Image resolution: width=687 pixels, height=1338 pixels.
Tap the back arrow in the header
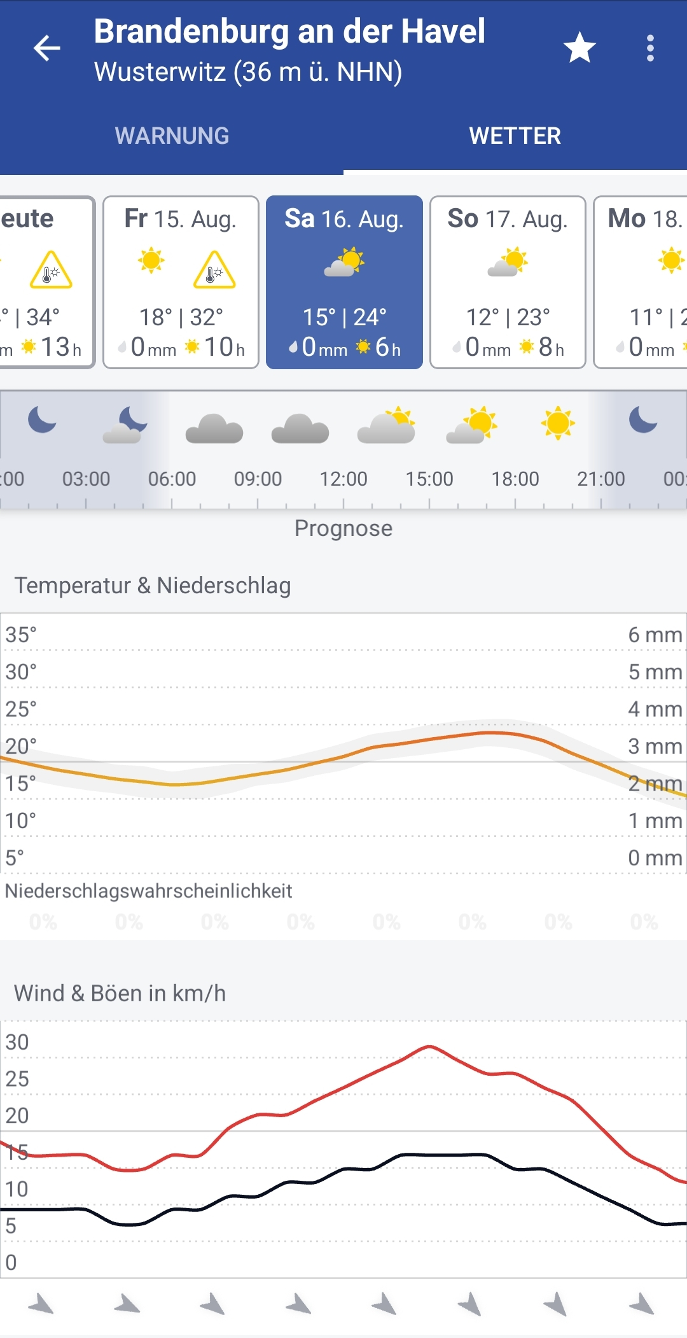(47, 48)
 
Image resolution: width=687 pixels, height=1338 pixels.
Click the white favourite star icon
(579, 48)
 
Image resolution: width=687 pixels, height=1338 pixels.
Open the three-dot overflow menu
(649, 48)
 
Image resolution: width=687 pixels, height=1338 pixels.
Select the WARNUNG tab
(172, 136)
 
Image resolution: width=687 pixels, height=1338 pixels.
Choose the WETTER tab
(515, 136)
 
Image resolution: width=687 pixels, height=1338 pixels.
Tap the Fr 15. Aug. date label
(181, 219)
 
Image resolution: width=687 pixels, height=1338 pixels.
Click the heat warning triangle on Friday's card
(214, 270)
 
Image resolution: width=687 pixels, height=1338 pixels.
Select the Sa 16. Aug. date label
(344, 219)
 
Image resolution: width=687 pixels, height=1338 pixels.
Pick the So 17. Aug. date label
(508, 219)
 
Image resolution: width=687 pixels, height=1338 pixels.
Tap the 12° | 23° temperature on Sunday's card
(508, 317)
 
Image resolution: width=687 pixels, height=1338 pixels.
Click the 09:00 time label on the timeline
(258, 479)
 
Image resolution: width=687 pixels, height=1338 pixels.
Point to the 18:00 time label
(515, 479)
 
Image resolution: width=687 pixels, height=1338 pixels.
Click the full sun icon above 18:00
(558, 423)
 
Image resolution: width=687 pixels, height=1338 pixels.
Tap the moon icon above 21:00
(642, 420)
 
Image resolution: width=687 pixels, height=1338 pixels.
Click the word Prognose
(343, 528)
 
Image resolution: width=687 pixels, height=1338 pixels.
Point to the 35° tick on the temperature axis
(21, 635)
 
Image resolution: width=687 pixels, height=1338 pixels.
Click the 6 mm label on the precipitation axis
(655, 635)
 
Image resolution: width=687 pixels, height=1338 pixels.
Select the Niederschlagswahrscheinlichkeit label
(148, 891)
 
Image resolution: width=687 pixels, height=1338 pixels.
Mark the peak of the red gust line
(430, 1046)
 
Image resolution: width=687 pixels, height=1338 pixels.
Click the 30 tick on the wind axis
(17, 1042)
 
